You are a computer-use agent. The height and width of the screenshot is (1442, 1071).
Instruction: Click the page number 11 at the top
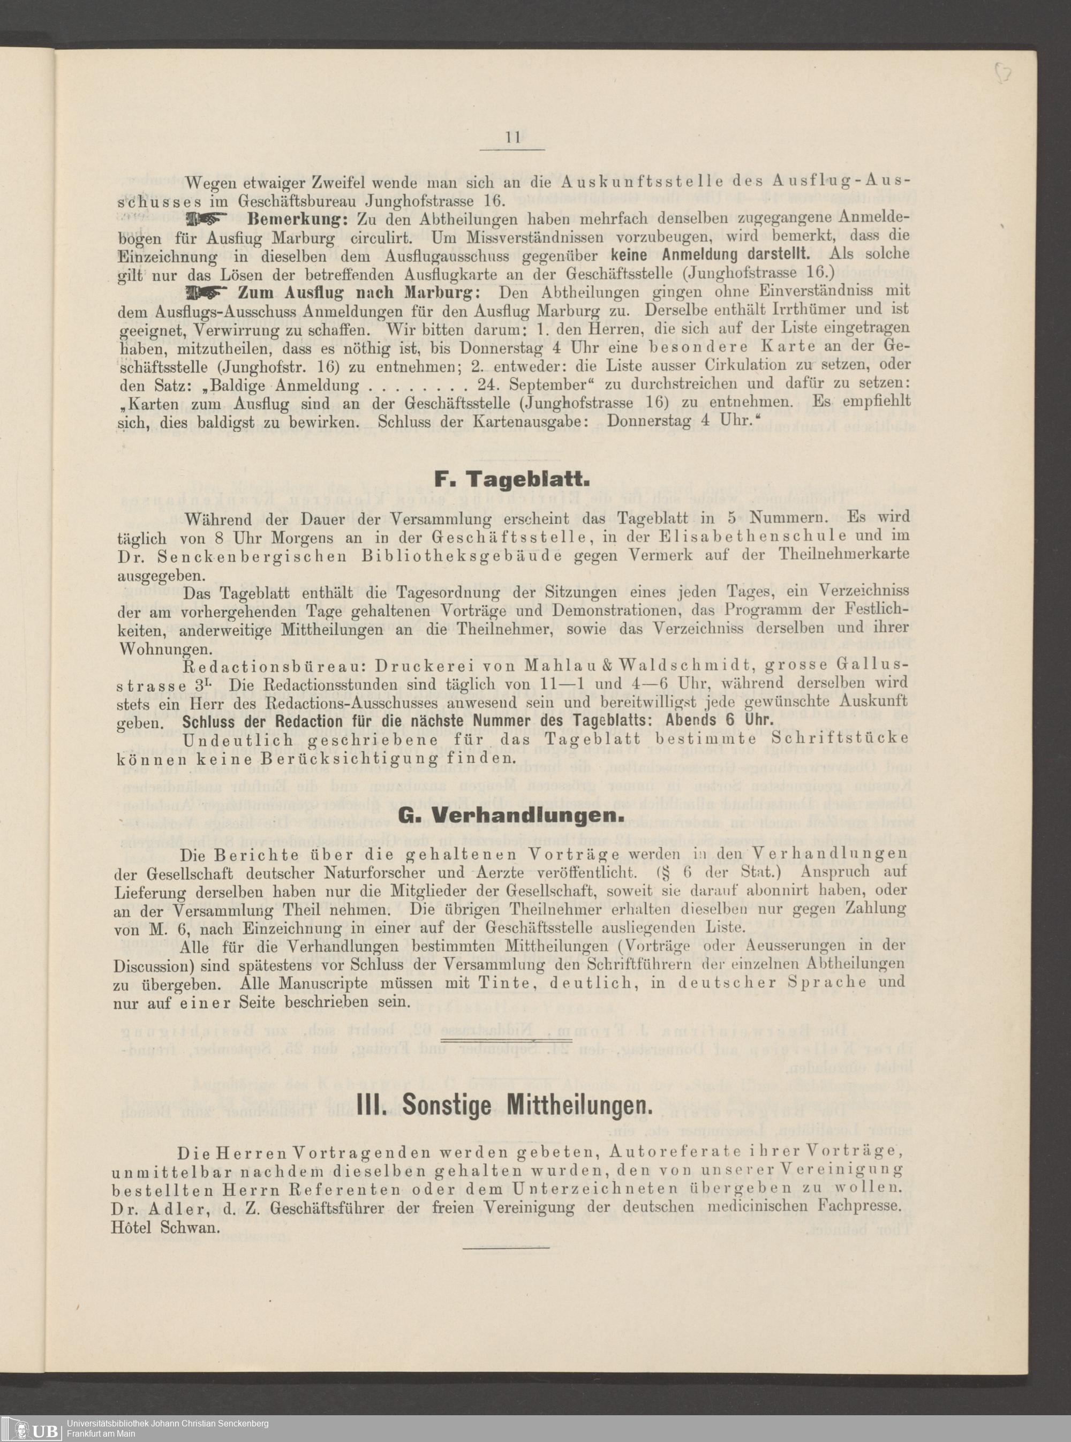pos(511,138)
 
